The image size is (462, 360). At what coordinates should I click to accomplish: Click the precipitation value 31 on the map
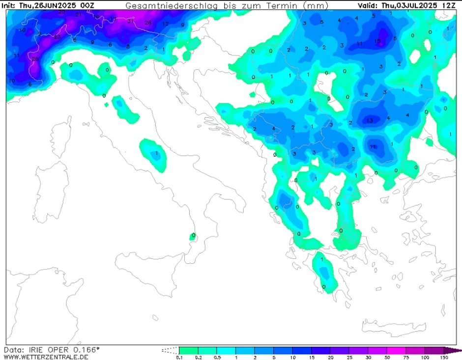pyautogui.click(x=130, y=21)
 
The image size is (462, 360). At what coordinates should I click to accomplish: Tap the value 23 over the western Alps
pyautogui.click(x=57, y=37)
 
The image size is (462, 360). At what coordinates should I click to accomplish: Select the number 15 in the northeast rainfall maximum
pyautogui.click(x=377, y=42)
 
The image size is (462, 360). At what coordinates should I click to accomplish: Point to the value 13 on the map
pyautogui.click(x=370, y=121)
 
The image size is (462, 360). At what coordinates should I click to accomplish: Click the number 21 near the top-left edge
pyautogui.click(x=79, y=15)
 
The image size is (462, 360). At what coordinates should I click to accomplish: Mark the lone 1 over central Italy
pyautogui.click(x=156, y=154)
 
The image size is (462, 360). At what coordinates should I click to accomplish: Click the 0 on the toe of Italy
pyautogui.click(x=194, y=235)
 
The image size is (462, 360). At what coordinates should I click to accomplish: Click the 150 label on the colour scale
pyautogui.click(x=444, y=358)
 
